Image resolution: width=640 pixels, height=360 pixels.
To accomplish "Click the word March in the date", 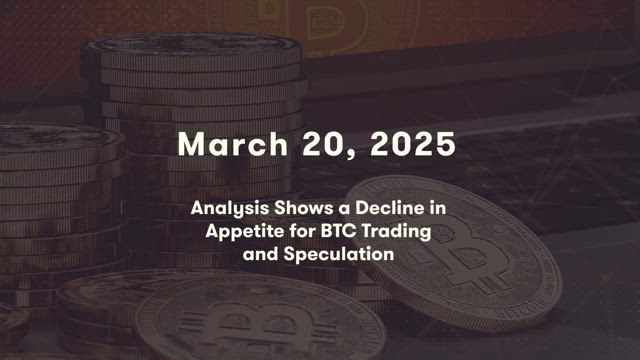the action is [x=233, y=144].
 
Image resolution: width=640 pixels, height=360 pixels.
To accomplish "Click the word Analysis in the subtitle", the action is [x=230, y=209].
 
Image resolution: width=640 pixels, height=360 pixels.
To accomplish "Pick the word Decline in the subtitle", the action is [x=390, y=208].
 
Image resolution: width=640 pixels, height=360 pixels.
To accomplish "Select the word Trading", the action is [x=396, y=232].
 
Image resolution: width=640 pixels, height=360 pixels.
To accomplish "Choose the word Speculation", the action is [x=339, y=254].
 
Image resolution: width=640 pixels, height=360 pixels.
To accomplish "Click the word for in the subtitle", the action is [x=303, y=231].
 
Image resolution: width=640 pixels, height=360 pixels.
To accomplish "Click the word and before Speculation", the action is [x=261, y=254].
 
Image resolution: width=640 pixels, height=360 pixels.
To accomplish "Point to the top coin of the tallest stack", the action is [x=192, y=44].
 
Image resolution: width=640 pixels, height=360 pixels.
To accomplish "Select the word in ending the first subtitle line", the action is [x=437, y=208].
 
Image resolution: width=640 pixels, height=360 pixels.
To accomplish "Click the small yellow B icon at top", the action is [x=268, y=10].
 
